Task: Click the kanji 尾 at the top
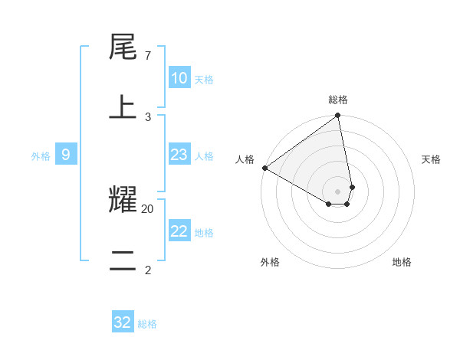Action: point(123,49)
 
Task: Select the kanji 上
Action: point(123,107)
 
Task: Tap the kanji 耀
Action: point(123,200)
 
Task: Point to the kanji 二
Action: point(123,260)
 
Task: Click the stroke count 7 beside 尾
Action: point(147,57)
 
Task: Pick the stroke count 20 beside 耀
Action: point(148,208)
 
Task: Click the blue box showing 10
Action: point(179,78)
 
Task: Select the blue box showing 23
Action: point(179,155)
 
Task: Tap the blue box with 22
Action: point(179,231)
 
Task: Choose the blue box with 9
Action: point(66,155)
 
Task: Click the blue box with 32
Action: point(123,322)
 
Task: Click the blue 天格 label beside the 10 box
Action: point(204,80)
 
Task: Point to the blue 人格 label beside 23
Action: point(204,156)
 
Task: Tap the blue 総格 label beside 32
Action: point(147,324)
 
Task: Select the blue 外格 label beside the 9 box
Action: point(41,156)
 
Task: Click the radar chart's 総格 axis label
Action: point(338,100)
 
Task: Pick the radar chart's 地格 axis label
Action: point(402,262)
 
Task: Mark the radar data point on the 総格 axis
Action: point(338,116)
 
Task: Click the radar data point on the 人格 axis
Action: point(264,168)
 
